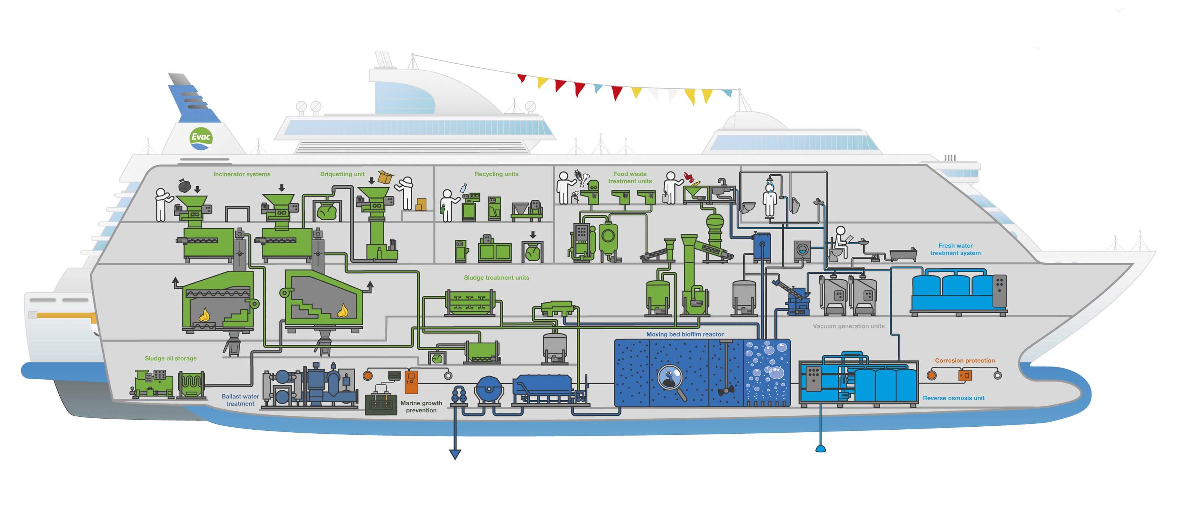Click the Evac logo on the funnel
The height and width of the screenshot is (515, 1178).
[201, 138]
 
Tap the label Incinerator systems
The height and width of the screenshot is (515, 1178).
[241, 174]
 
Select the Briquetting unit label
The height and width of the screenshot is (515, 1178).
[342, 174]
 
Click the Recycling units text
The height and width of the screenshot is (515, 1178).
[496, 174]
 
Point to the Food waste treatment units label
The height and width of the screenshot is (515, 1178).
[630, 177]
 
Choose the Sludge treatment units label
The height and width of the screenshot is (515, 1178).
[496, 277]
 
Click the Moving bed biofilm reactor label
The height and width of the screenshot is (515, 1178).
[685, 334]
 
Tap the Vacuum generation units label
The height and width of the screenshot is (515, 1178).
[848, 326]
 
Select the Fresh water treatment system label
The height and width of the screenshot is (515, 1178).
[955, 249]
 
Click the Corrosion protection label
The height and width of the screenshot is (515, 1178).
[964, 360]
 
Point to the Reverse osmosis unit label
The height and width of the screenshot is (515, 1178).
[953, 398]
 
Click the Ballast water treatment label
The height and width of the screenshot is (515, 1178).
[240, 400]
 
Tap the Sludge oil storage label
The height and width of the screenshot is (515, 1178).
[170, 358]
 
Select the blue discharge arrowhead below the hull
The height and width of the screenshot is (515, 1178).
[455, 454]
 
